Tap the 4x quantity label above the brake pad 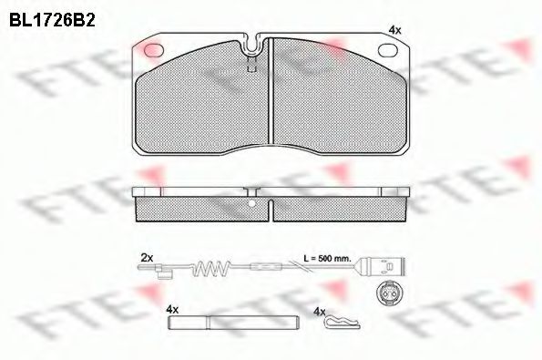click(394, 30)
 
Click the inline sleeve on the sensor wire click(267, 268)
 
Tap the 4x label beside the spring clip click(318, 312)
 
